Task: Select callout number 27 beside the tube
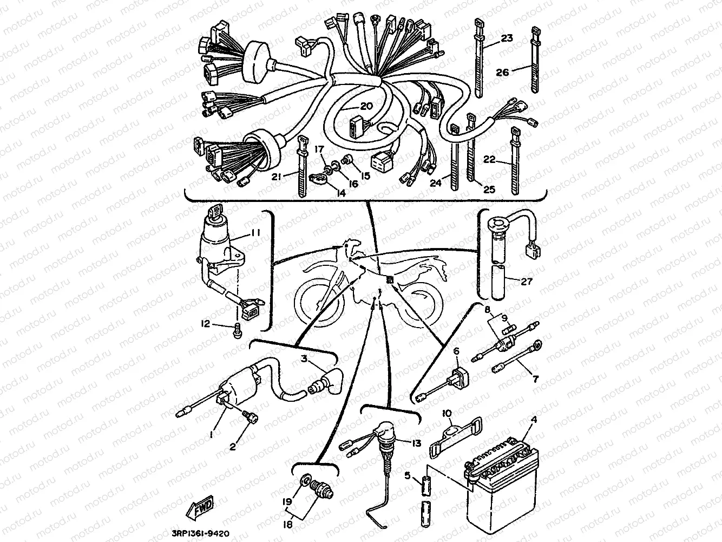point(526,282)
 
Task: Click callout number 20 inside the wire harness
point(366,106)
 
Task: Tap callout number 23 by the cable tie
point(507,38)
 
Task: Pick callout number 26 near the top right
point(502,72)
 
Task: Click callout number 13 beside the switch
point(416,443)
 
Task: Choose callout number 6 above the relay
point(456,351)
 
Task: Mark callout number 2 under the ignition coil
point(232,447)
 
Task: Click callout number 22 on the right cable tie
point(489,159)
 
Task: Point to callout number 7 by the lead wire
point(535,380)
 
